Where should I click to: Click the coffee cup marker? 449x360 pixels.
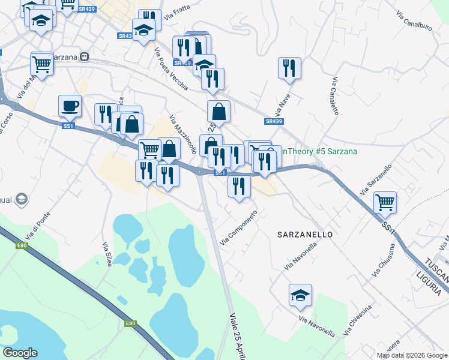(70, 106)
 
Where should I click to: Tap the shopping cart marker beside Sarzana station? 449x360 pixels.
(42, 63)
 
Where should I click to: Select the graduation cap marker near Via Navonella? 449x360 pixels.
(300, 295)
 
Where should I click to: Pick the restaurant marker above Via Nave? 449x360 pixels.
(289, 68)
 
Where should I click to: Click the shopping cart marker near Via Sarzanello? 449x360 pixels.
(385, 202)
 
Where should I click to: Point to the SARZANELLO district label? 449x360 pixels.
(304, 234)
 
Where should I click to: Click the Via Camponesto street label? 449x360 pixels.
(239, 227)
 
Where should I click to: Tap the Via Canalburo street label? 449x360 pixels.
(414, 20)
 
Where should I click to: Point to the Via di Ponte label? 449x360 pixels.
(37, 227)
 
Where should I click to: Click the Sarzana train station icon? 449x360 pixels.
(85, 57)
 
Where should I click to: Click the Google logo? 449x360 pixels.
(20, 353)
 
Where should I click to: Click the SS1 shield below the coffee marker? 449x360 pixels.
(68, 126)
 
